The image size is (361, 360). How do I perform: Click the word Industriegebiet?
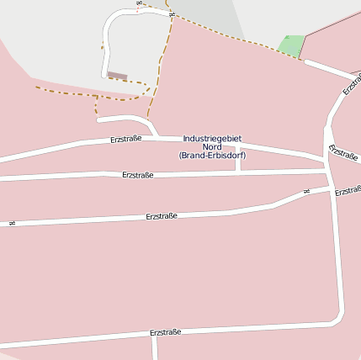click(211, 138)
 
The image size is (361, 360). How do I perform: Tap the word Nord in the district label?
click(211, 146)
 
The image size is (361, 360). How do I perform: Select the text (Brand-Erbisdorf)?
click(212, 155)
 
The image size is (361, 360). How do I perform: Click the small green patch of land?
click(291, 45)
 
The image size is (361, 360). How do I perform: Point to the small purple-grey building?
click(117, 76)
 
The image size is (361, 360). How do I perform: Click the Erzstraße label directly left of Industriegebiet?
click(125, 139)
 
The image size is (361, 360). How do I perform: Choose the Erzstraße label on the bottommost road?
click(165, 333)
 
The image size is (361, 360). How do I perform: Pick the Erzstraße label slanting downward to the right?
click(343, 152)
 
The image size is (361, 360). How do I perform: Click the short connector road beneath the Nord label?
click(239, 160)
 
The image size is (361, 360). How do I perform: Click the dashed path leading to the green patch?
click(227, 34)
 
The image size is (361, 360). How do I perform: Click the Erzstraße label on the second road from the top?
click(137, 175)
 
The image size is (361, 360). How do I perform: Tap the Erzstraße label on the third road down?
click(162, 216)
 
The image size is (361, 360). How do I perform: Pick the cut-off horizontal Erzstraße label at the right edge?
click(348, 192)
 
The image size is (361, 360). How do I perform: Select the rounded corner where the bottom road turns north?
click(338, 318)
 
